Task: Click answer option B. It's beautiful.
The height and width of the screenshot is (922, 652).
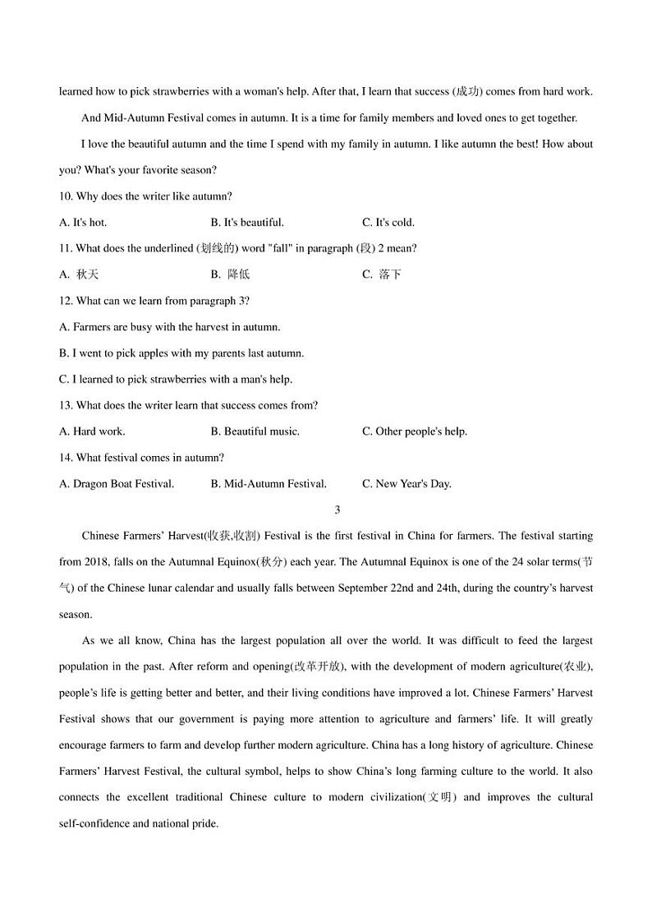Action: [247, 223]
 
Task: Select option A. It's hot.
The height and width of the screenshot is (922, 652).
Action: [83, 223]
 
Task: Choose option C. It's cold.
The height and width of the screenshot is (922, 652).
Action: [388, 223]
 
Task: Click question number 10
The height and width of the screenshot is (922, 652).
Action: [66, 196]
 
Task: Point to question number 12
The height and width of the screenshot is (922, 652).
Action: [66, 301]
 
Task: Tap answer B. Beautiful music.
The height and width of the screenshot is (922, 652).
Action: [255, 431]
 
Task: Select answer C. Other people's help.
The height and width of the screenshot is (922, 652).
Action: [415, 431]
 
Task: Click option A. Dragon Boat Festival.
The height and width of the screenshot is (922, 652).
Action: [117, 484]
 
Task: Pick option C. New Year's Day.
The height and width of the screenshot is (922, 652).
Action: [407, 484]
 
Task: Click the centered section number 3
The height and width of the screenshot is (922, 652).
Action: [337, 510]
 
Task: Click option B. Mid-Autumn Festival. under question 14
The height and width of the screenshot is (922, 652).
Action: [269, 484]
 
